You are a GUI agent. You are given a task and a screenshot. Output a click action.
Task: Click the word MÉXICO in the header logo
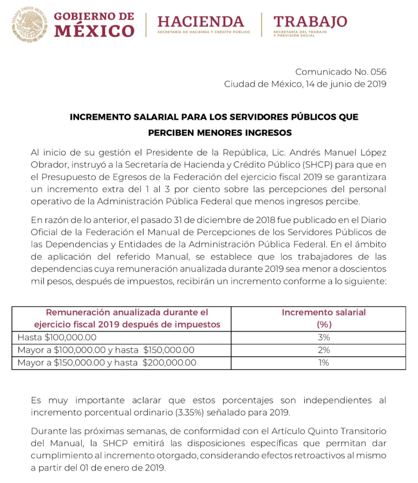[x=94, y=31]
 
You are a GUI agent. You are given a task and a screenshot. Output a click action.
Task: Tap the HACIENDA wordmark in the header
[x=201, y=21]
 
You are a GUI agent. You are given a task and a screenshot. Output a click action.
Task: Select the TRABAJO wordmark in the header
[x=310, y=21]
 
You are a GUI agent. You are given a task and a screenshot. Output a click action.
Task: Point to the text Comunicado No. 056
[x=341, y=71]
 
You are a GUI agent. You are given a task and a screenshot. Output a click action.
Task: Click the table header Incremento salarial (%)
[x=323, y=318]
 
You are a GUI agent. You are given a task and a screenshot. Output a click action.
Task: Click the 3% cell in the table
[x=324, y=337]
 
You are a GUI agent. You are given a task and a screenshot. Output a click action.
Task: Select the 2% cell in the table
[x=324, y=350]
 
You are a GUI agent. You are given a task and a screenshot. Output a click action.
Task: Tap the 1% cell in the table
[x=324, y=363]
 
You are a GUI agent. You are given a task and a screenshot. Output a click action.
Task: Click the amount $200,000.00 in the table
[x=169, y=363]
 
